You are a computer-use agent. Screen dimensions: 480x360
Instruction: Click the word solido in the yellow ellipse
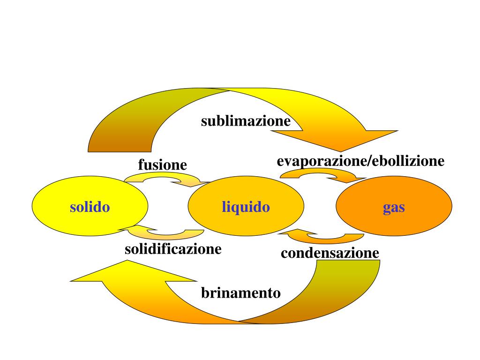coord(90,207)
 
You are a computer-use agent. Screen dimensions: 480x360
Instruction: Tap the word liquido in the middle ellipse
coord(246,207)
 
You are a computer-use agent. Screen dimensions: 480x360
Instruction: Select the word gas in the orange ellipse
coord(394,207)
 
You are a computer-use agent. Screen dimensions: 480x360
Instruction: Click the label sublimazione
coord(246,121)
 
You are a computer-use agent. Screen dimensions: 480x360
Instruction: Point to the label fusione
coord(162,165)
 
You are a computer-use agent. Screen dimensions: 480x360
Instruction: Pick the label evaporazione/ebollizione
coord(360,161)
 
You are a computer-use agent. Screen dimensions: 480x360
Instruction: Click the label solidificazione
coord(173,249)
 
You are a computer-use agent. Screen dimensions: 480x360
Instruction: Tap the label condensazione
coord(330,254)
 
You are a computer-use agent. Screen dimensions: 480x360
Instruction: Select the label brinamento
coord(241,293)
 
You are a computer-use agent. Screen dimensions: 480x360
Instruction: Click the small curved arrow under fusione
coord(164,179)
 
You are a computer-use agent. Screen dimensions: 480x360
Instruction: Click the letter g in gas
coord(387,208)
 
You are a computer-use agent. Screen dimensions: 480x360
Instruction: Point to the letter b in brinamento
coord(205,293)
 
